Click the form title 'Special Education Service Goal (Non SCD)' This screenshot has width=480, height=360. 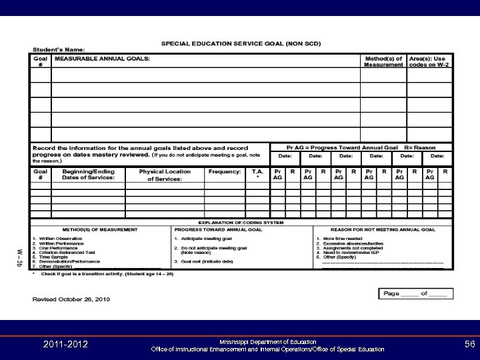click(241, 43)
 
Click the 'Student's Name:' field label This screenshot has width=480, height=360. click(64, 51)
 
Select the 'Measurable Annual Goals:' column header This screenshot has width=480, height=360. click(102, 59)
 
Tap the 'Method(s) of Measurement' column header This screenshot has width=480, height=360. click(383, 62)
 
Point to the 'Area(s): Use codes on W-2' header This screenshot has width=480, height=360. click(429, 62)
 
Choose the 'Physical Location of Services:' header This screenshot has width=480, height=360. click(164, 175)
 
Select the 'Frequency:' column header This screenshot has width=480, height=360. click(224, 171)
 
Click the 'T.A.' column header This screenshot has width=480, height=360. click(257, 172)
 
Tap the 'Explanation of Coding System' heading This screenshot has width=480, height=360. click(241, 223)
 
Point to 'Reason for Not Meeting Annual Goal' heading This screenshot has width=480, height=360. click(383, 229)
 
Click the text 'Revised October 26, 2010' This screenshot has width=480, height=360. click(71, 299)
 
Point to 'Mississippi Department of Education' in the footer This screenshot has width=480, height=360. click(267, 341)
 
